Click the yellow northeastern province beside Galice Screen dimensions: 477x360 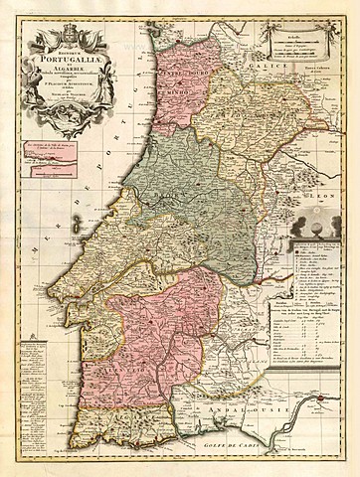point(239,109)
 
